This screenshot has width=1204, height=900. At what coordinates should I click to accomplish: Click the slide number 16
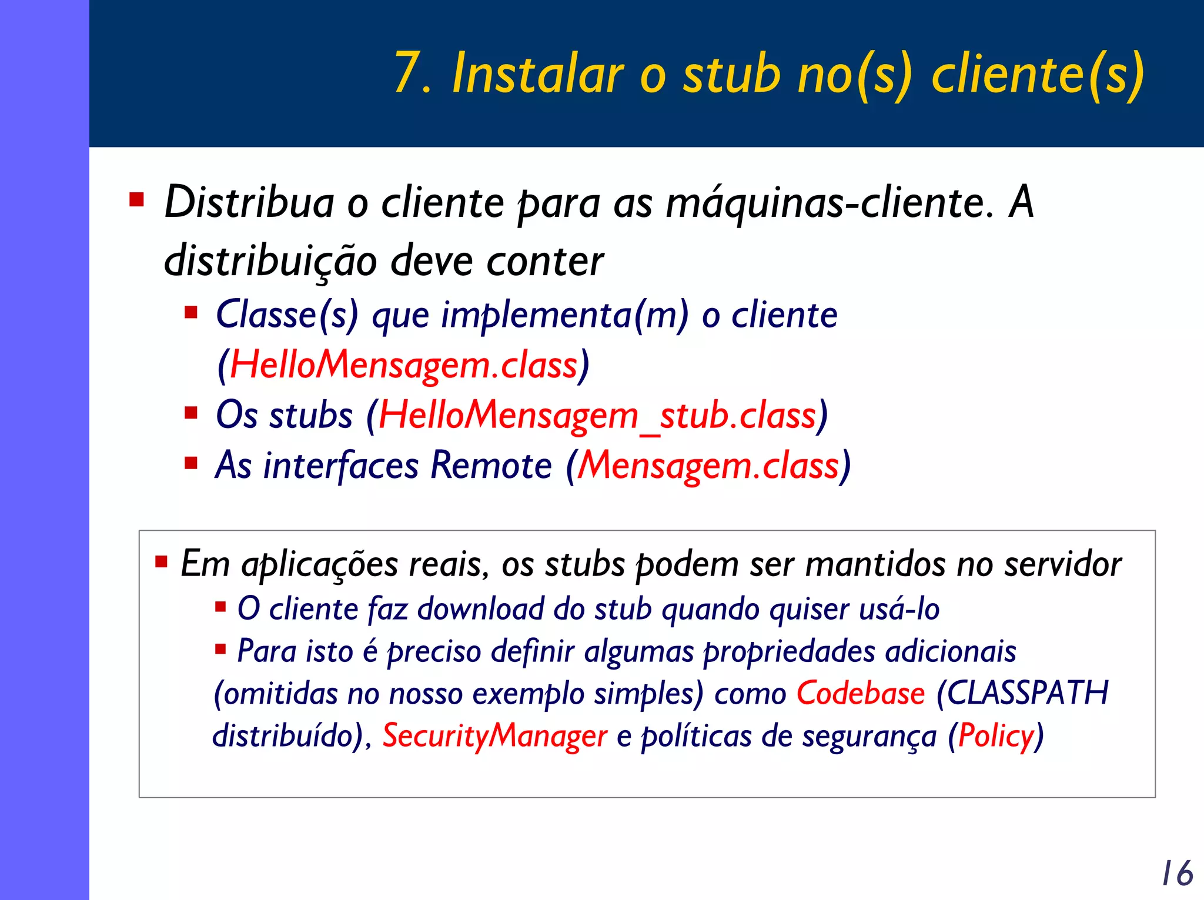tap(1177, 873)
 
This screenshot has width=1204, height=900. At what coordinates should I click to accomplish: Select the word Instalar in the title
tap(537, 73)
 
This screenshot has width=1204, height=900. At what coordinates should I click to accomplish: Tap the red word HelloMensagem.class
tap(403, 365)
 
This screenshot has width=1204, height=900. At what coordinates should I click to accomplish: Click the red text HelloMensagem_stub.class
tap(597, 416)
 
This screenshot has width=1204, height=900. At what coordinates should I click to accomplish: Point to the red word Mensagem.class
tap(708, 466)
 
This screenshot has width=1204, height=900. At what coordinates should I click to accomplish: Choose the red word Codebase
tap(861, 693)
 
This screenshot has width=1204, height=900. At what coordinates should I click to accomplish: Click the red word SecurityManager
tap(494, 735)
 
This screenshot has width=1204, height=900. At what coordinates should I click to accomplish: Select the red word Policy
tap(996, 735)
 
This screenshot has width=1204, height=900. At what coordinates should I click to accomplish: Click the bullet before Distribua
tap(136, 200)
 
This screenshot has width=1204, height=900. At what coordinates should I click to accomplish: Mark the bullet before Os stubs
tap(190, 413)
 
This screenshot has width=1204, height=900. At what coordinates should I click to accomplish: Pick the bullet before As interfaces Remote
tap(190, 463)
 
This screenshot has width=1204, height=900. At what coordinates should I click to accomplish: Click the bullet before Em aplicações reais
tap(161, 561)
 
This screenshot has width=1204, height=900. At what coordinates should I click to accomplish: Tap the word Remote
tap(491, 466)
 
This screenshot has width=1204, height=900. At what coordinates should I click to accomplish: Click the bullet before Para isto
tap(220, 649)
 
